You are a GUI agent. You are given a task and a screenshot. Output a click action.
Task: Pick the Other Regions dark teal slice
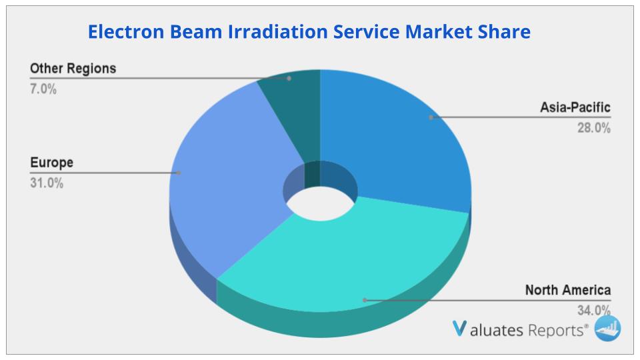(x=293, y=100)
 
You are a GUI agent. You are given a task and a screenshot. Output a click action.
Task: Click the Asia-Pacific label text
(x=575, y=107)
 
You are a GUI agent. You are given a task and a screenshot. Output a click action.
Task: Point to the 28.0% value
(x=593, y=129)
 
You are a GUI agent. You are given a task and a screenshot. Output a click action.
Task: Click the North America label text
(x=567, y=290)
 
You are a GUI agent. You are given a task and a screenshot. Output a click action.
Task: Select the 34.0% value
(x=593, y=310)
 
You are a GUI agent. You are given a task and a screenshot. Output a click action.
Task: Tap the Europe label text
(x=51, y=162)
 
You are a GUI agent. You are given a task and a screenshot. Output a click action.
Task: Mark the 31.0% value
(x=47, y=183)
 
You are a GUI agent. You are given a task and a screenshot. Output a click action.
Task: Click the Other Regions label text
(x=73, y=68)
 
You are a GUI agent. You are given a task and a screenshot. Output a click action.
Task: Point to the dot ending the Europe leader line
(x=179, y=173)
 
